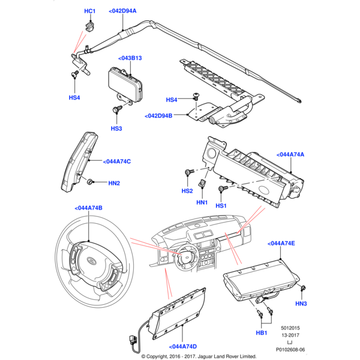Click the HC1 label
tap(89, 11)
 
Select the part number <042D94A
tap(122, 11)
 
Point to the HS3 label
tap(116, 128)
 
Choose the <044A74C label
tap(117, 161)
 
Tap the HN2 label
tap(114, 182)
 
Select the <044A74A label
tap(290, 155)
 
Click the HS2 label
tap(187, 191)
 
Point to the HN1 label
tap(202, 203)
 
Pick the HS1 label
tap(221, 206)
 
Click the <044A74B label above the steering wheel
tap(89, 208)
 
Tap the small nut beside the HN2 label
tap(91, 181)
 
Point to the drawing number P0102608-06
tap(290, 349)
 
